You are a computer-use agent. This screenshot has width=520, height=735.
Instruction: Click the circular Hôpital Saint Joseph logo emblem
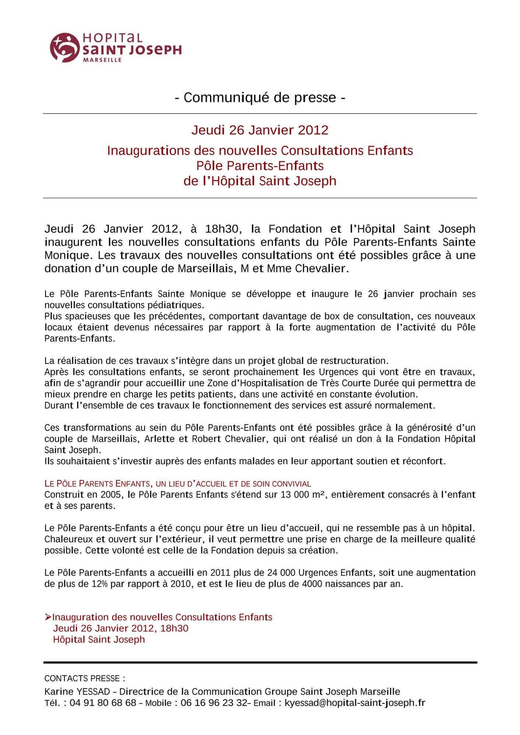click(x=64, y=47)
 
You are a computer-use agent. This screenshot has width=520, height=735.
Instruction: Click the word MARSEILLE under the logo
click(x=102, y=60)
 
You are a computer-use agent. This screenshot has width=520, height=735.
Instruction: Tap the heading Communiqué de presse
click(x=260, y=97)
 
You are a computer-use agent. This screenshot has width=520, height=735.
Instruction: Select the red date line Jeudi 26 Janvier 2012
click(x=260, y=130)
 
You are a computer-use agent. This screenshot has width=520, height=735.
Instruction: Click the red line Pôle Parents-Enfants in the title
click(x=260, y=166)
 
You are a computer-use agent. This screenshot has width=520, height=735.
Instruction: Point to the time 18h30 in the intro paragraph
click(x=222, y=229)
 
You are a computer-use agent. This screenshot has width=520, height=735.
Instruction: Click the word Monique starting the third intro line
click(x=67, y=255)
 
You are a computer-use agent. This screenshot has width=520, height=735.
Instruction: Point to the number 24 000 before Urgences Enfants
click(x=281, y=573)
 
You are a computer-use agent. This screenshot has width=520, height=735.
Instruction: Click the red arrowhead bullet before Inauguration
click(x=48, y=617)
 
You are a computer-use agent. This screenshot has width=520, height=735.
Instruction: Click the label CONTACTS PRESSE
click(x=84, y=678)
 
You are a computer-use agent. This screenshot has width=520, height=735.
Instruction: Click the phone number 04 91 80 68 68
click(x=103, y=703)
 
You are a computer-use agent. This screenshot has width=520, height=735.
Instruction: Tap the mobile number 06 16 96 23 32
click(x=214, y=703)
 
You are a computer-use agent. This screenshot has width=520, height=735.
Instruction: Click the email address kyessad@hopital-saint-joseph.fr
click(x=355, y=703)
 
